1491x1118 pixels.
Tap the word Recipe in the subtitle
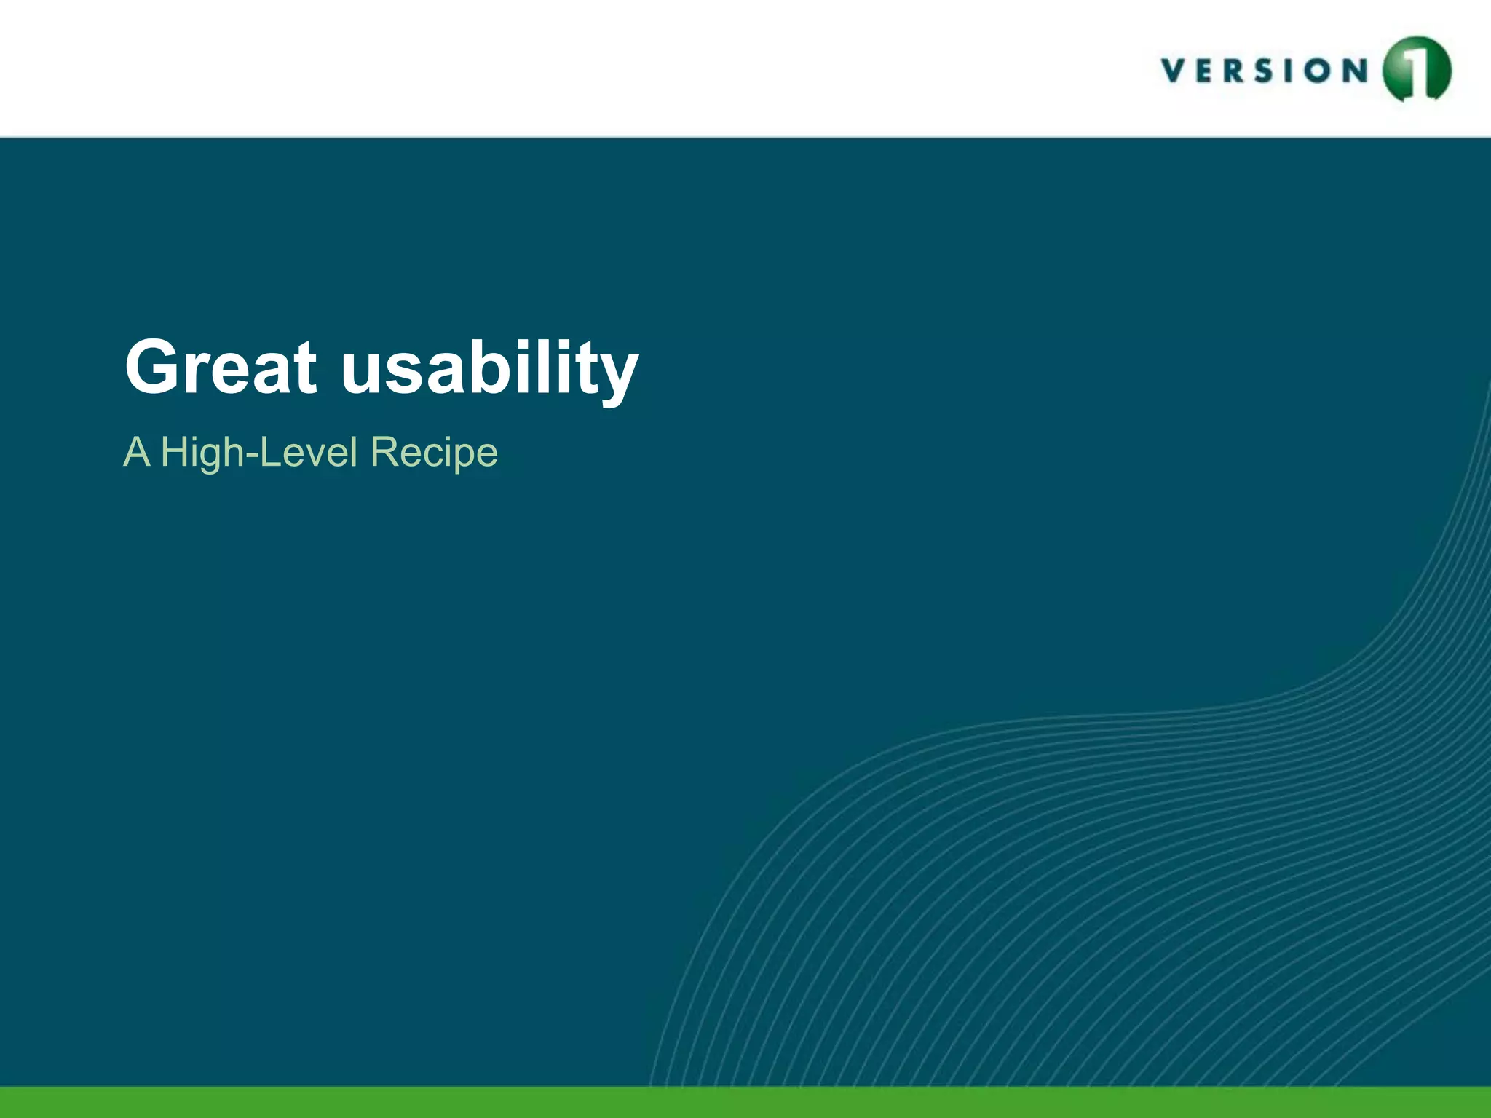(x=434, y=453)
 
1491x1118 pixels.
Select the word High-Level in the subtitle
(x=258, y=453)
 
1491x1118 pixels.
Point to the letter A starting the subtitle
(x=137, y=451)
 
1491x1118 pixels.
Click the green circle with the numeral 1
(x=1416, y=70)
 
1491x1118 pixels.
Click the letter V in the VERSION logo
(x=1173, y=71)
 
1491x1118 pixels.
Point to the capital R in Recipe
(x=385, y=451)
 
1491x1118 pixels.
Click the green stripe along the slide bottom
(x=745, y=1102)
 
